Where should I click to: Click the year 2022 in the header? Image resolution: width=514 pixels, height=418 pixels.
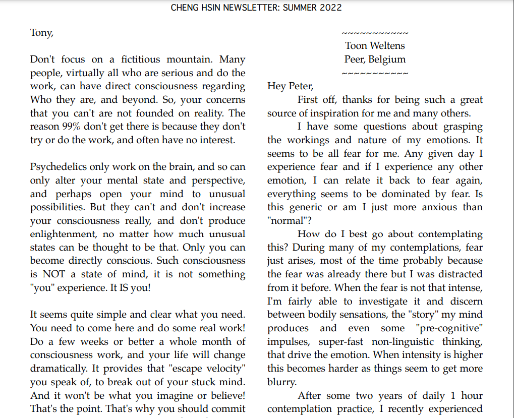[330, 8]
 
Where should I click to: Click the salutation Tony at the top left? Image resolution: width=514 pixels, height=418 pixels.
[41, 33]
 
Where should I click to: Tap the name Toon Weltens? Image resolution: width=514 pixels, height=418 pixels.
[375, 46]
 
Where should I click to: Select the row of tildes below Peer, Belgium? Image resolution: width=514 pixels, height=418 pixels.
[375, 74]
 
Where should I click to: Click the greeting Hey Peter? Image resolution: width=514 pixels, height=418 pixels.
[290, 86]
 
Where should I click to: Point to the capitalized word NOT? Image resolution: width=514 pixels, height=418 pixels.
[54, 274]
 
